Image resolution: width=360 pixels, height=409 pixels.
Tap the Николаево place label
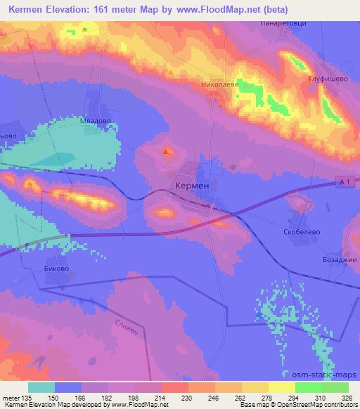(x=221, y=84)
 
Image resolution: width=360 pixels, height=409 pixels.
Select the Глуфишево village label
(x=328, y=79)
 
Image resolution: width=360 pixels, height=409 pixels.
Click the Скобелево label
(x=304, y=230)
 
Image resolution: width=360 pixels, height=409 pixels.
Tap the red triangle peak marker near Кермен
(x=167, y=150)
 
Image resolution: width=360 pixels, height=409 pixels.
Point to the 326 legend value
(x=348, y=397)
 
